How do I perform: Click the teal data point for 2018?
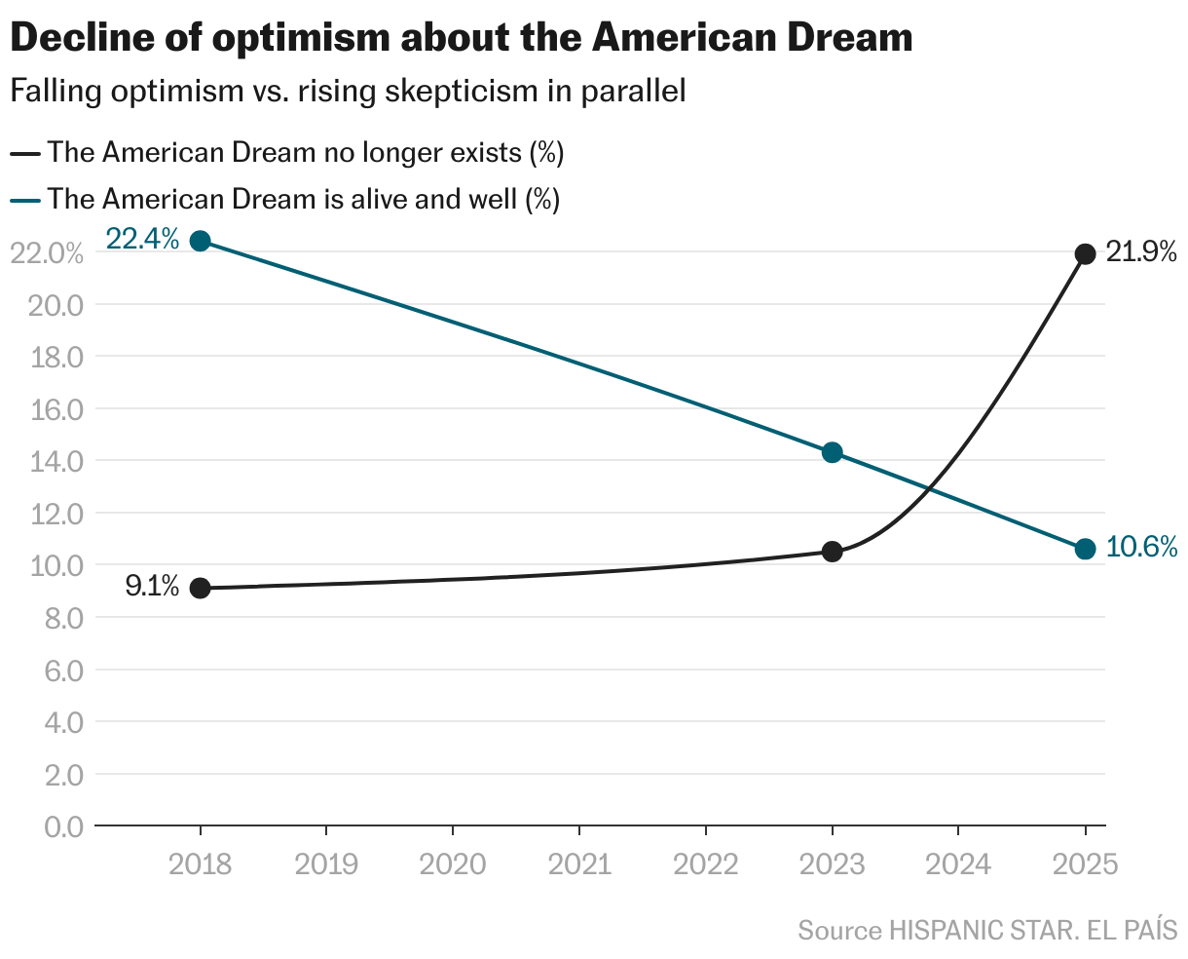point(200,241)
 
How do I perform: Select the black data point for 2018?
point(200,588)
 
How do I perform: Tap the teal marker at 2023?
point(832,452)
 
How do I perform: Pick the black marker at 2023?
point(832,552)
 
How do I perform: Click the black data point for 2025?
point(1085,254)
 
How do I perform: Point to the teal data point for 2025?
point(1085,549)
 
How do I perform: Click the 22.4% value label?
point(142,239)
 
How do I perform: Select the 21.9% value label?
point(1142,252)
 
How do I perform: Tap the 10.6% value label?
point(1142,547)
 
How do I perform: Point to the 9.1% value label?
point(152,586)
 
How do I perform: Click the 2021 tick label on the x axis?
point(579,863)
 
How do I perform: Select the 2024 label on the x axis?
point(958,863)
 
